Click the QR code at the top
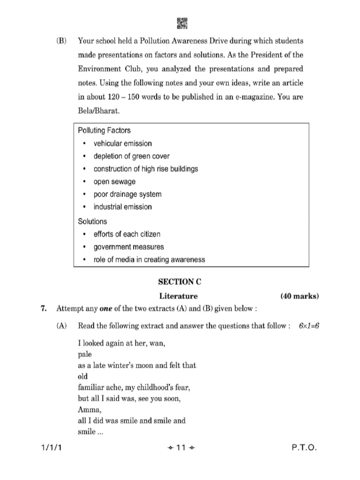[x=182, y=23]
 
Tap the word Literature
[x=179, y=296]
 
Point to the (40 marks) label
[x=300, y=296]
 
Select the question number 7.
[x=44, y=308]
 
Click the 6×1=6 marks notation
[x=308, y=326]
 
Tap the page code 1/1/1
[x=51, y=448]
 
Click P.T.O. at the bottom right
[x=304, y=448]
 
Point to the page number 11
[x=180, y=448]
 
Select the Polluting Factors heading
[x=104, y=130]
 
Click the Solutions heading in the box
[x=92, y=221]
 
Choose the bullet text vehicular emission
[x=122, y=143]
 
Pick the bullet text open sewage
[x=115, y=181]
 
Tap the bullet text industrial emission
[x=122, y=207]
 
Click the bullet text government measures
[x=128, y=247]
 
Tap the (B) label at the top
[x=61, y=41]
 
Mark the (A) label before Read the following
[x=61, y=326]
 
